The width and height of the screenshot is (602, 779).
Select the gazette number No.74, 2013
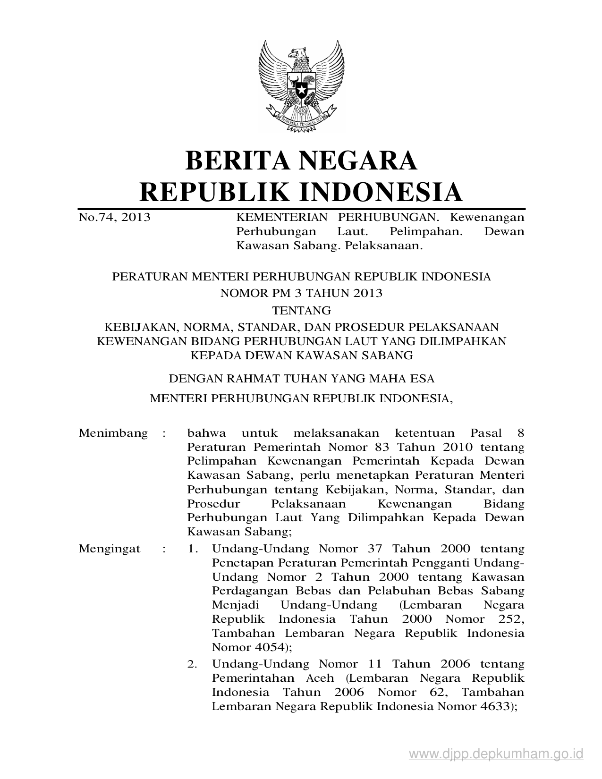(x=114, y=217)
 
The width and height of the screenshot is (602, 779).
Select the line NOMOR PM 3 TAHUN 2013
(x=301, y=293)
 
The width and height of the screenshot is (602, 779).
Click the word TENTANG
(x=301, y=310)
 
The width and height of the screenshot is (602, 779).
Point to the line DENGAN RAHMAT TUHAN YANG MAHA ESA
(x=301, y=378)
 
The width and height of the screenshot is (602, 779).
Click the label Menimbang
(x=113, y=433)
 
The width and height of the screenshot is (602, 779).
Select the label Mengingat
(x=110, y=549)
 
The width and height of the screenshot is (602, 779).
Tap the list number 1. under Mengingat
(x=192, y=549)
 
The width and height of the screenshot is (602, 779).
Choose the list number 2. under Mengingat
(x=192, y=664)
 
